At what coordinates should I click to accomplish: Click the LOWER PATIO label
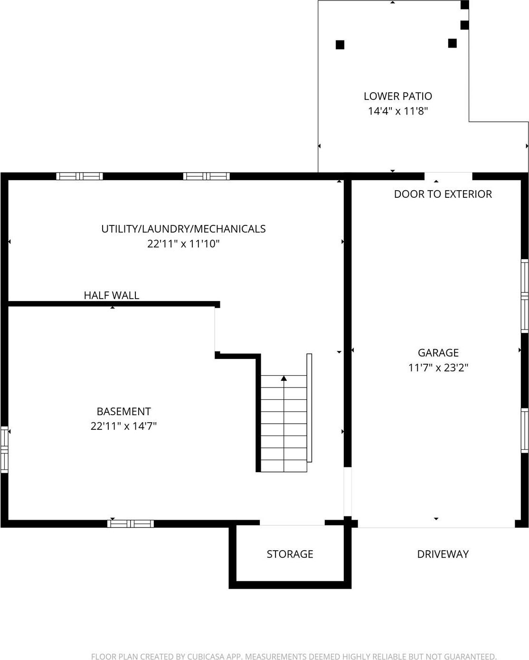[x=397, y=96]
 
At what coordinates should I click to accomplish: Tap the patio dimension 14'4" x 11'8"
[x=397, y=111]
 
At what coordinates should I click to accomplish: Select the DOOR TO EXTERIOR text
[x=443, y=194]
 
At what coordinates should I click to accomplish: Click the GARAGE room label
[x=438, y=353]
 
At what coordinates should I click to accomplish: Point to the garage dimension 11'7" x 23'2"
[x=438, y=368]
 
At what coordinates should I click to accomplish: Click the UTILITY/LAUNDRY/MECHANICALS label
[x=183, y=229]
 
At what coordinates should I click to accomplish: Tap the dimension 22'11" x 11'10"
[x=183, y=244]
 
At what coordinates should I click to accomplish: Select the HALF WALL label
[x=111, y=295]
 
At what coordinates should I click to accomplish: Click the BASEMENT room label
[x=123, y=411]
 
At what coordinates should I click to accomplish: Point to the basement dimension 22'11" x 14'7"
[x=123, y=426]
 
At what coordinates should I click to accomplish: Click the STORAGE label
[x=290, y=554]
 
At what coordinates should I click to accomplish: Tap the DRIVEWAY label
[x=443, y=554]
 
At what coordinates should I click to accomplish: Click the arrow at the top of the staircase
[x=284, y=379]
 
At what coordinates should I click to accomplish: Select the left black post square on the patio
[x=340, y=45]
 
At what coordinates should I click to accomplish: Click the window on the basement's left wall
[x=4, y=450]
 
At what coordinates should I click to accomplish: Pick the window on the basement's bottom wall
[x=131, y=524]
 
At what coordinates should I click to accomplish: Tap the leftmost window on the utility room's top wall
[x=79, y=176]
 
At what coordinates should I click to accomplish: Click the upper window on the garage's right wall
[x=525, y=296]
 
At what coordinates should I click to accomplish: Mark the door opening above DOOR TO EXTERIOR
[x=448, y=176]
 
